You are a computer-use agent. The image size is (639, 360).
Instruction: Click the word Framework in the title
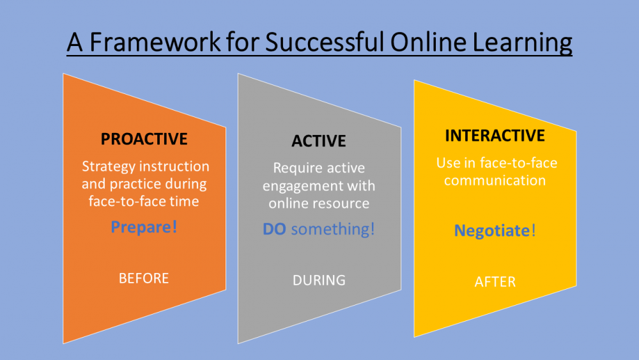[155, 42]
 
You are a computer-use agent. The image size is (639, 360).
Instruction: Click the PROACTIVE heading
[144, 139]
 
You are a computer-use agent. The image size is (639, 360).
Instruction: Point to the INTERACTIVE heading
[495, 136]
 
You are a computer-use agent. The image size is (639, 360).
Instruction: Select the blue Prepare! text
[144, 227]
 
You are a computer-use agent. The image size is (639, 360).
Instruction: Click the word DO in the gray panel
[274, 229]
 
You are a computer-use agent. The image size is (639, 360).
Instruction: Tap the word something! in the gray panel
[332, 229]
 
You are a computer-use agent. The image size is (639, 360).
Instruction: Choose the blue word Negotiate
[491, 231]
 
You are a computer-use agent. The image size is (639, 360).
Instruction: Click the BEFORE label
[144, 278]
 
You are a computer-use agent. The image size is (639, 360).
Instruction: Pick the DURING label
[319, 281]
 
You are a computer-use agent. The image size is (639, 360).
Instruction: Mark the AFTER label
[495, 282]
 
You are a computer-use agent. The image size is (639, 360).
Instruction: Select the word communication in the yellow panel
[495, 180]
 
